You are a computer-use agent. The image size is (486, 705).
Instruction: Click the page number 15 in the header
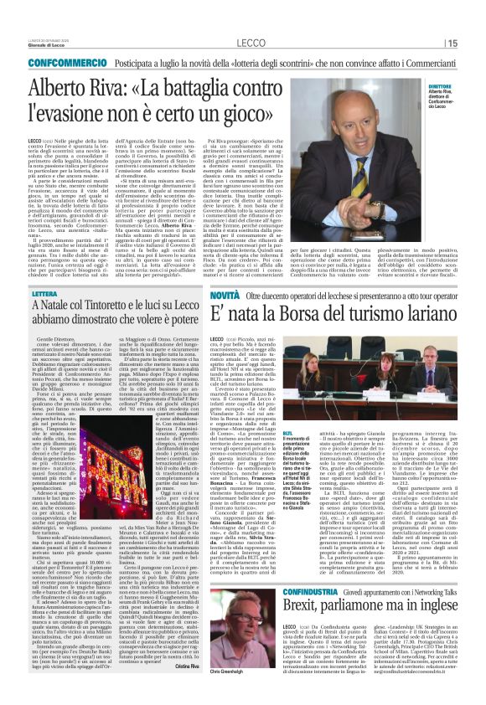452,44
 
